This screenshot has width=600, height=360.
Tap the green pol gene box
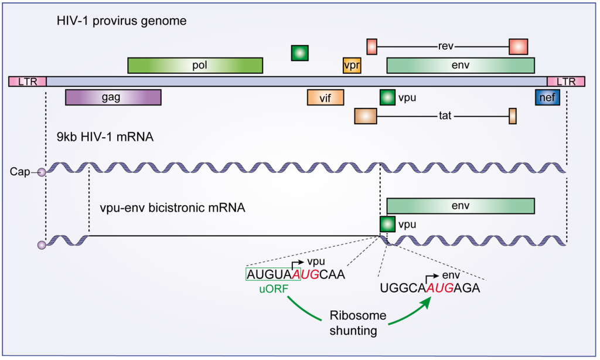coord(195,65)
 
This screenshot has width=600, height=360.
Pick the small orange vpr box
coord(352,65)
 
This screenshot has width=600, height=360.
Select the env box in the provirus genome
coord(460,65)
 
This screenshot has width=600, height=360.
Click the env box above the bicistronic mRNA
coord(460,206)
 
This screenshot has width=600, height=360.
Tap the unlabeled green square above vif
coord(299,53)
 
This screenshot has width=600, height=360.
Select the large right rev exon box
coord(518,46)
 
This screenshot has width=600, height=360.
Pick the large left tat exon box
coord(365,116)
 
